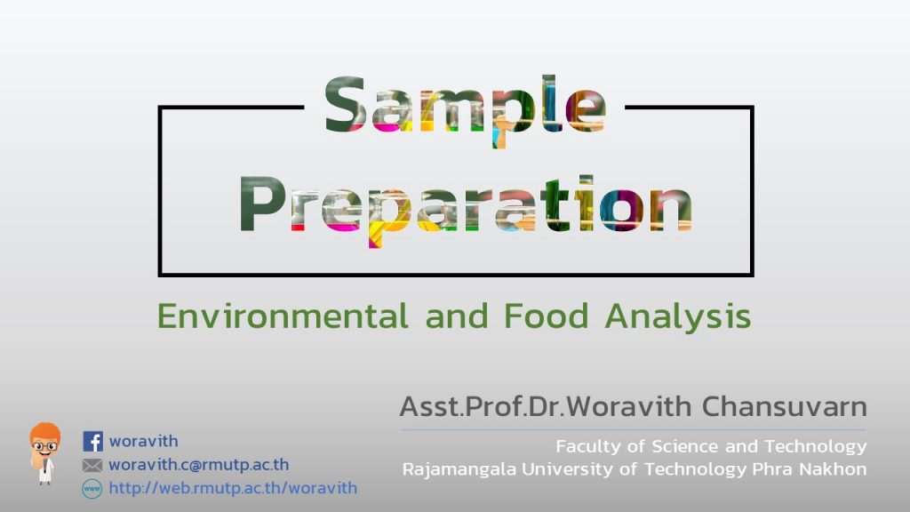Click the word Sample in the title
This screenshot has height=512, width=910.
[465, 110]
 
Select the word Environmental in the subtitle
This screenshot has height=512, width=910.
[283, 316]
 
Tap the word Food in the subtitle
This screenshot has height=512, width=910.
[547, 316]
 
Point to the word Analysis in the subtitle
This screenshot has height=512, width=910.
[678, 317]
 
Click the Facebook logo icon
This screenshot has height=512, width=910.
[92, 441]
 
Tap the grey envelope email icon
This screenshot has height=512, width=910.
[92, 465]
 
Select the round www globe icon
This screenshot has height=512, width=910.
[92, 488]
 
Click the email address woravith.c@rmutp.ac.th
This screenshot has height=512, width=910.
[199, 464]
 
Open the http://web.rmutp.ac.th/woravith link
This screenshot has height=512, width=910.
[234, 488]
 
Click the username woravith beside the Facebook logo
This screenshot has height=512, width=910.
[144, 441]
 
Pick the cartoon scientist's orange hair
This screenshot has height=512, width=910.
[45, 433]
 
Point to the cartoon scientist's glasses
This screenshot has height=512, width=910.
[44, 447]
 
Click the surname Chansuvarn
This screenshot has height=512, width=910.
[785, 406]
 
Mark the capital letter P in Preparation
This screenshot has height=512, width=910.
[256, 204]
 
